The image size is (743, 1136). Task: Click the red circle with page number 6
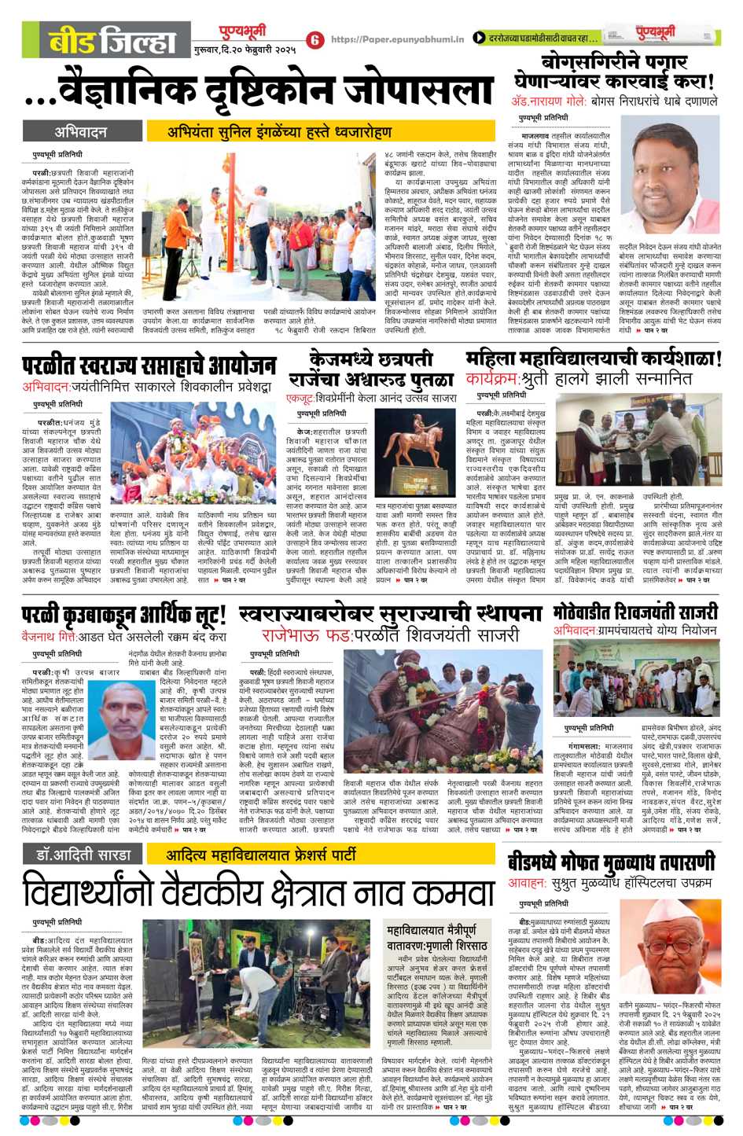click(x=316, y=39)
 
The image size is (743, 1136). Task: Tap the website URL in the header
click(x=398, y=39)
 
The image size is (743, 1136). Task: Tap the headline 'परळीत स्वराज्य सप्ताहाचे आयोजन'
click(x=149, y=366)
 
